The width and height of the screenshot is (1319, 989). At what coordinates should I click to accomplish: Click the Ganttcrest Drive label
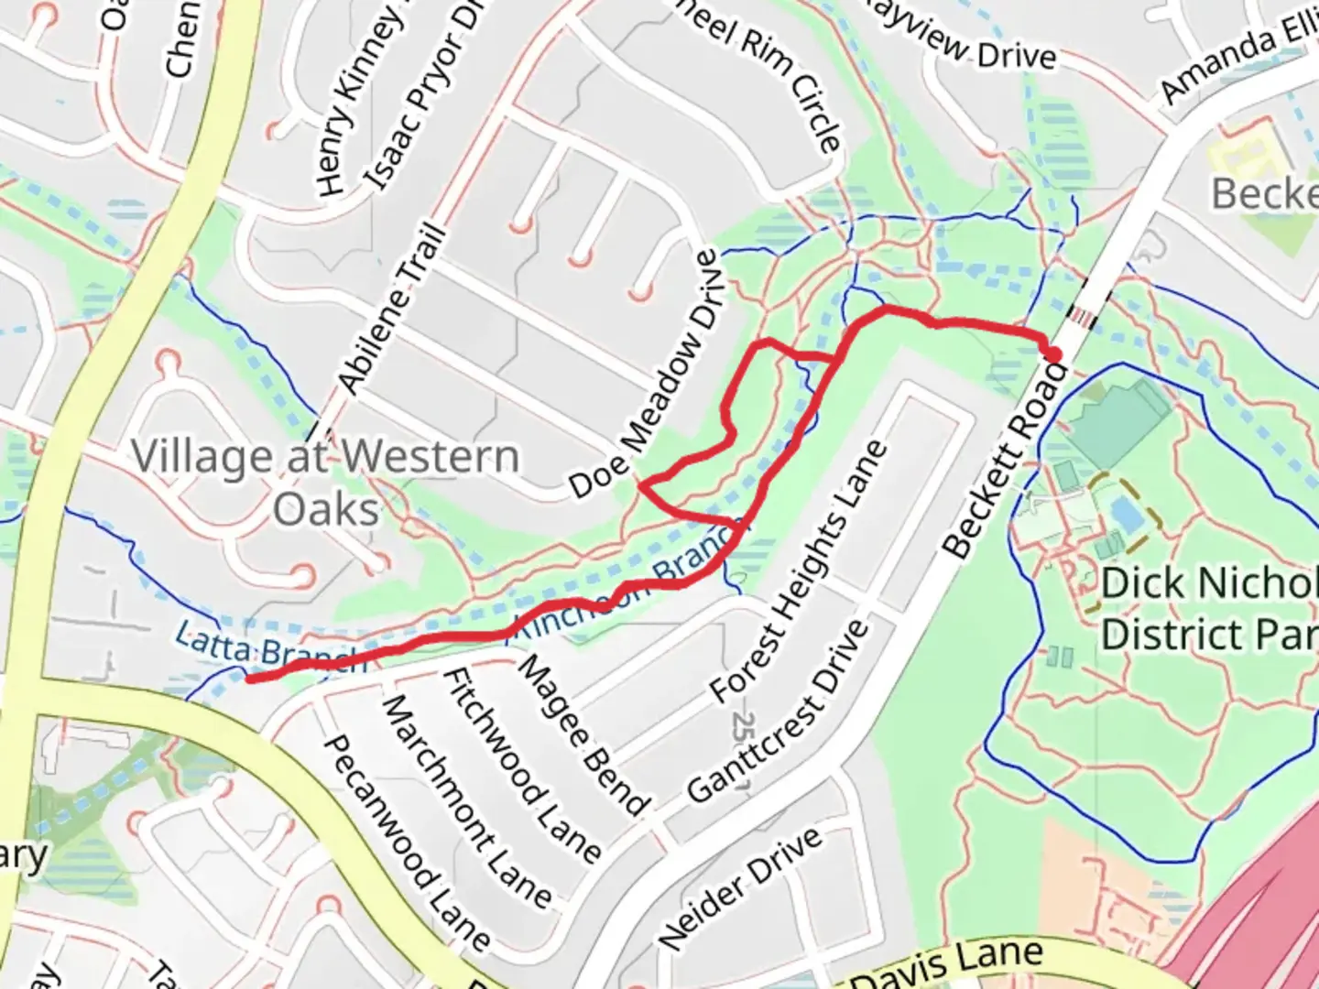(777, 711)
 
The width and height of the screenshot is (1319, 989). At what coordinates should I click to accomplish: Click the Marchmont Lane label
(465, 800)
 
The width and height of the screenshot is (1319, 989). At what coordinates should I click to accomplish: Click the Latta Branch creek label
(269, 648)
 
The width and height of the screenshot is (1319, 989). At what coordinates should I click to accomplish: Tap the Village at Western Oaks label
(325, 482)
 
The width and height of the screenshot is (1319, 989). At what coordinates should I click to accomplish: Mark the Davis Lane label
(948, 966)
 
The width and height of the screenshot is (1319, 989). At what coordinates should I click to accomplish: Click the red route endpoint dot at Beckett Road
(1053, 353)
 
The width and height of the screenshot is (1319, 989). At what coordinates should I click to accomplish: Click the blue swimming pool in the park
(1128, 516)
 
